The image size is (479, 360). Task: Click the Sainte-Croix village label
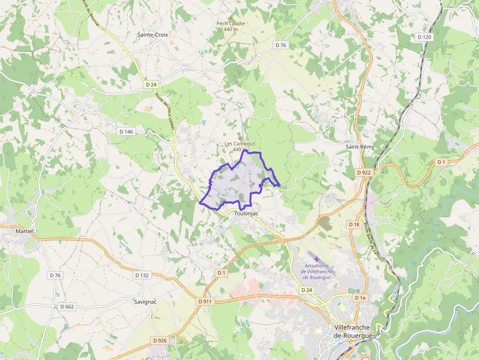click(x=153, y=35)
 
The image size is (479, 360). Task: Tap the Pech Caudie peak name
click(x=231, y=23)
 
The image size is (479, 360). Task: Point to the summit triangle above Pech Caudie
click(x=231, y=17)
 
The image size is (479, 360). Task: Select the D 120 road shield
click(x=425, y=37)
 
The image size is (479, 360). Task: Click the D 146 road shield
click(x=126, y=131)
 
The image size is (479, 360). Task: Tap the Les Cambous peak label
click(x=239, y=144)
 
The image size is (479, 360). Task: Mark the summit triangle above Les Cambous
click(x=239, y=138)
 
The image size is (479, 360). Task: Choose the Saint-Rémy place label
click(x=360, y=147)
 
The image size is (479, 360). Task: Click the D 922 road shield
click(x=364, y=172)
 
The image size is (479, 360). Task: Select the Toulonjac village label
click(x=246, y=213)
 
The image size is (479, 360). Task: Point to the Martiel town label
click(x=24, y=231)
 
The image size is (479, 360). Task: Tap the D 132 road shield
click(x=141, y=275)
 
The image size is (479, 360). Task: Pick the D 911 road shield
click(x=205, y=301)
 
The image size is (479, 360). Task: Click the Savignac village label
click(x=145, y=302)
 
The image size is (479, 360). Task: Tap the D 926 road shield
click(x=160, y=340)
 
